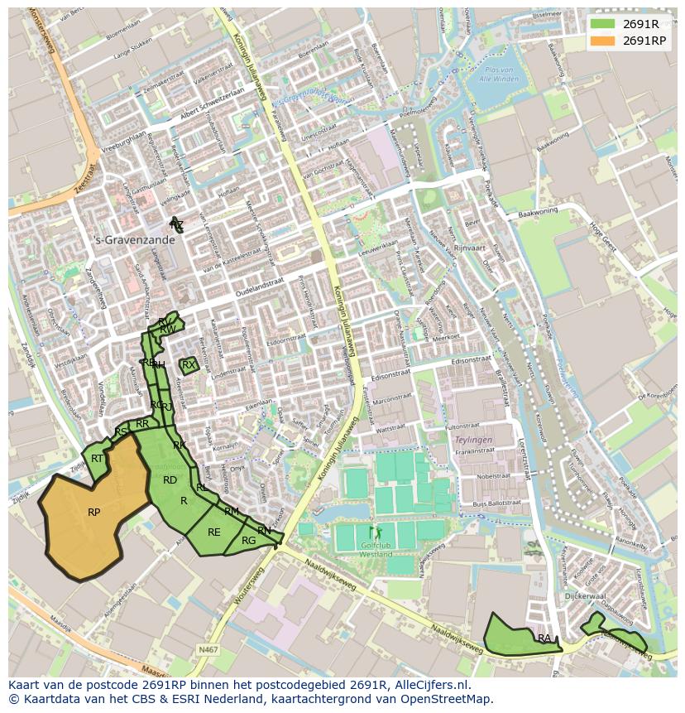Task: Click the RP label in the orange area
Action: [93, 513]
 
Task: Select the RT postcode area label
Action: [97, 459]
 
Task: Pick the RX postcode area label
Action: [189, 364]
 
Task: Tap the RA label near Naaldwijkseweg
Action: [544, 638]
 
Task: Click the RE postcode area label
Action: [213, 532]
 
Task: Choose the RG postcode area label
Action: [248, 541]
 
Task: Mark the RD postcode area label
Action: [170, 480]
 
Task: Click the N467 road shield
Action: [208, 650]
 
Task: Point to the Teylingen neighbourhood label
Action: [473, 440]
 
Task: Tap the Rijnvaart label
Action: [468, 248]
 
